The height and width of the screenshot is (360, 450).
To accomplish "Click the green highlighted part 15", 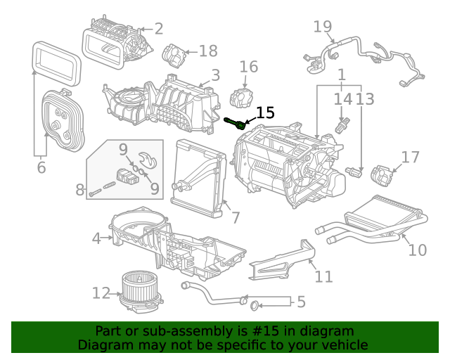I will pyautogui.click(x=236, y=123).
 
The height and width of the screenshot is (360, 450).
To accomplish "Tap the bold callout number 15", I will pyautogui.click(x=265, y=113).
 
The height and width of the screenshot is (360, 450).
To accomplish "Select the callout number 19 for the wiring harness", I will pyautogui.click(x=323, y=27).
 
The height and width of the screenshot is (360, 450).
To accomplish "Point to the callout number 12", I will pyautogui.click(x=101, y=292).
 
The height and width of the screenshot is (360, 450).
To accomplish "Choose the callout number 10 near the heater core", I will pyautogui.click(x=417, y=250).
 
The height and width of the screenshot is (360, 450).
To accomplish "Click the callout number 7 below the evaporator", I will pyautogui.click(x=236, y=217).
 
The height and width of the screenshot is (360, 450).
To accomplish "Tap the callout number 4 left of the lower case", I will pyautogui.click(x=96, y=238).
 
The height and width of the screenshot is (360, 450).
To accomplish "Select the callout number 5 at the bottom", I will pyautogui.click(x=301, y=302).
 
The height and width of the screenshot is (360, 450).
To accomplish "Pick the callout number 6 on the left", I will pyautogui.click(x=41, y=167).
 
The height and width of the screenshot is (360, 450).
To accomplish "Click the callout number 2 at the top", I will pyautogui.click(x=158, y=29).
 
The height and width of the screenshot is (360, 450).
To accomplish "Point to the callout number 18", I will pyautogui.click(x=208, y=51).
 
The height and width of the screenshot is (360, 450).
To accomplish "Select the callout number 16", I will pyautogui.click(x=249, y=67).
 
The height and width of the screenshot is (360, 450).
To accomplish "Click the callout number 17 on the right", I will pyautogui.click(x=410, y=157).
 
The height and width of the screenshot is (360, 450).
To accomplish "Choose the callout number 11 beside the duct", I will pyautogui.click(x=323, y=276).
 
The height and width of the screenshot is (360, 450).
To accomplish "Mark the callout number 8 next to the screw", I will pyautogui.click(x=79, y=189).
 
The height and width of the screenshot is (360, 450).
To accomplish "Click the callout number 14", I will pyautogui.click(x=342, y=99).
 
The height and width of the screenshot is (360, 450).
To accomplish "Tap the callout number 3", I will pyautogui.click(x=215, y=75).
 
